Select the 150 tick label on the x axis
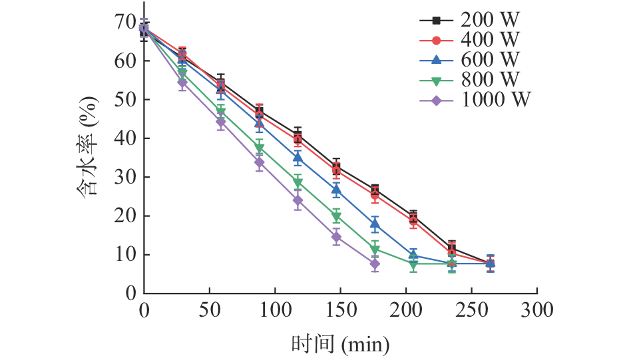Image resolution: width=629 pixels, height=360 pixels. tap(340, 310)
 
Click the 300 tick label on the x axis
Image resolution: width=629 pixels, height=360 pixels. tap(536, 310)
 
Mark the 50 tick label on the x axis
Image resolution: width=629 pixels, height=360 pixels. tap(210, 310)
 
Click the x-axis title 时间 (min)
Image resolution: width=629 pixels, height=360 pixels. tap(339, 344)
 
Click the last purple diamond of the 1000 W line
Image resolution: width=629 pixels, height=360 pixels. tap(375, 264)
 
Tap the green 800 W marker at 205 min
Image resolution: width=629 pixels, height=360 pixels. tap(413, 264)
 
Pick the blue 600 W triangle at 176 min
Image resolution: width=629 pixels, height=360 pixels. tap(375, 225)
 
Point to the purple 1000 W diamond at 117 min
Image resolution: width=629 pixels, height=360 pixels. tap(298, 200)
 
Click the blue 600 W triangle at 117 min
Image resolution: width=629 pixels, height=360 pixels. tap(298, 158)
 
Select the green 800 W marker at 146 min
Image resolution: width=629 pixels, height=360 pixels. tap(336, 217)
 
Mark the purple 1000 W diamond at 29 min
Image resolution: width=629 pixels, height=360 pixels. tap(182, 83)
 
